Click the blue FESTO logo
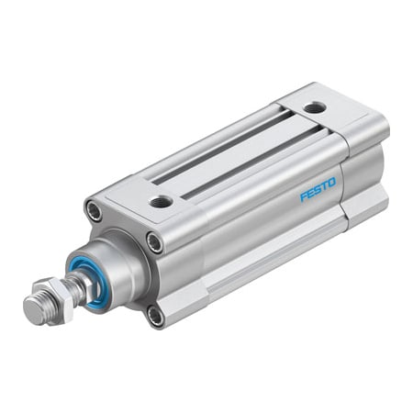(318, 189)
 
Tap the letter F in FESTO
(304, 196)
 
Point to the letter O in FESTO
(332, 182)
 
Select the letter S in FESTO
(318, 189)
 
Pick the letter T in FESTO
(325, 185)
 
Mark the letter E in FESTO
(311, 193)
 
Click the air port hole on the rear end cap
(315, 107)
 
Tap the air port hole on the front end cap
(161, 200)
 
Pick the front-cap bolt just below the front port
(154, 243)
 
